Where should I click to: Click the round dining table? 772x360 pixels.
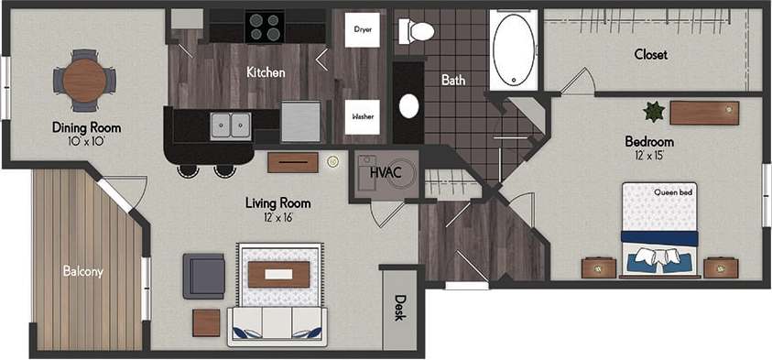84,80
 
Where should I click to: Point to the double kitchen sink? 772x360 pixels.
231,125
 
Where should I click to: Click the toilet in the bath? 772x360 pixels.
418,32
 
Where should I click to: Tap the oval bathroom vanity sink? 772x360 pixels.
408,106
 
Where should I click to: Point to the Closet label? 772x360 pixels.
650,54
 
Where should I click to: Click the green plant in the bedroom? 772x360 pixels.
654,112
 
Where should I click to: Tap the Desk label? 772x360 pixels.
399,307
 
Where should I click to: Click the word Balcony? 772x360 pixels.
82,271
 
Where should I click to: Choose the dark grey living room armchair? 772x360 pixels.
203,276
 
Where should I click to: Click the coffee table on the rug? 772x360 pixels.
278,274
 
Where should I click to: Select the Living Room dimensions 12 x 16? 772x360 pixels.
277,218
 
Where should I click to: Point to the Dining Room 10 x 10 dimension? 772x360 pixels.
86,141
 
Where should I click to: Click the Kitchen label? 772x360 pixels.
266,71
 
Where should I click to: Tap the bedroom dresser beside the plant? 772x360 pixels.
703,113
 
